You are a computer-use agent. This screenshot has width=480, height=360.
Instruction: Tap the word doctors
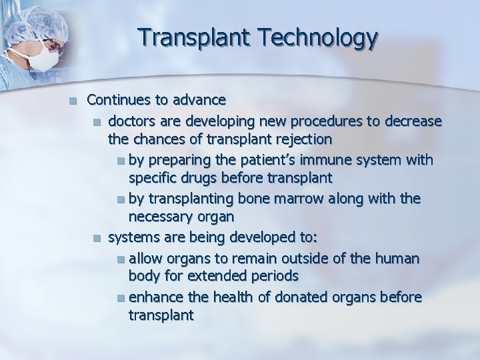point(132,121)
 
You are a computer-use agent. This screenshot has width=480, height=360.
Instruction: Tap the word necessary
point(158,217)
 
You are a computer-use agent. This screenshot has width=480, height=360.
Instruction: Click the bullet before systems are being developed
point(98,237)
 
